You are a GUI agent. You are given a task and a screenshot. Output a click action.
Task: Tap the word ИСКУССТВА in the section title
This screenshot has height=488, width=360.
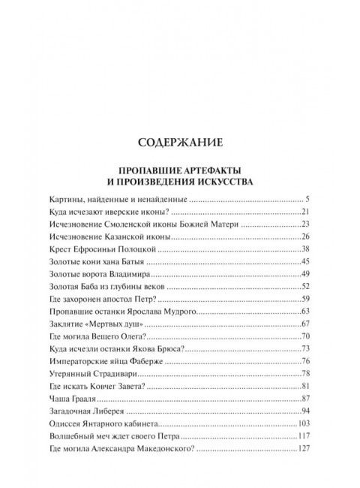point(217,181)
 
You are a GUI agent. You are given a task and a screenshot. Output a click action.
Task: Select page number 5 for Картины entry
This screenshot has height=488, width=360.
point(307,200)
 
